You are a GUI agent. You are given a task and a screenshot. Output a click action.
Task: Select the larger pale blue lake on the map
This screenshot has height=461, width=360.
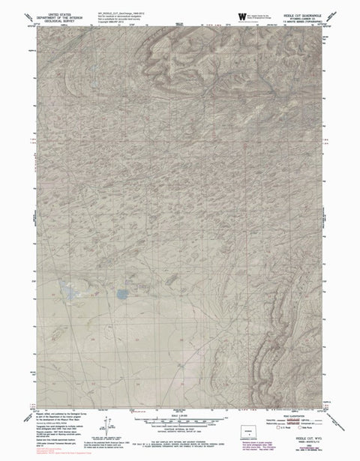(x=72, y=291)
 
